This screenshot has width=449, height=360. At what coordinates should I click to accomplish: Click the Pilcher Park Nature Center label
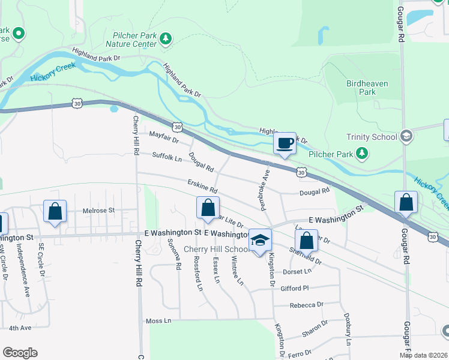tap(130, 40)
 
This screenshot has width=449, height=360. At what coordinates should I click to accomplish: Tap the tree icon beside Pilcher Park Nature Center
tap(165, 40)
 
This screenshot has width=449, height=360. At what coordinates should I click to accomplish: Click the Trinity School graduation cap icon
tap(406, 136)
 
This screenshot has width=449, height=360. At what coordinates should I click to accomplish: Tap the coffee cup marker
tap(285, 143)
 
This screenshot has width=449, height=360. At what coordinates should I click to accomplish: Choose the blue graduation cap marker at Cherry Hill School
tap(260, 240)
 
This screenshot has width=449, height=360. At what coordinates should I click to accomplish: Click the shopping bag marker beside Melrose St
tap(55, 211)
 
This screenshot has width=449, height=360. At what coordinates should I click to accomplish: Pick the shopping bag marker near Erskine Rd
tap(208, 208)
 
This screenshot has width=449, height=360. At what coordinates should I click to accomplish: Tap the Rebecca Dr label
tap(306, 305)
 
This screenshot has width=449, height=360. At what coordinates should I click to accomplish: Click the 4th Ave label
tap(20, 328)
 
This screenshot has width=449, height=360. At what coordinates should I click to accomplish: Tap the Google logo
tap(20, 353)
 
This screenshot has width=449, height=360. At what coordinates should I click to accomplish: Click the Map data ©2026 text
tap(423, 355)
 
